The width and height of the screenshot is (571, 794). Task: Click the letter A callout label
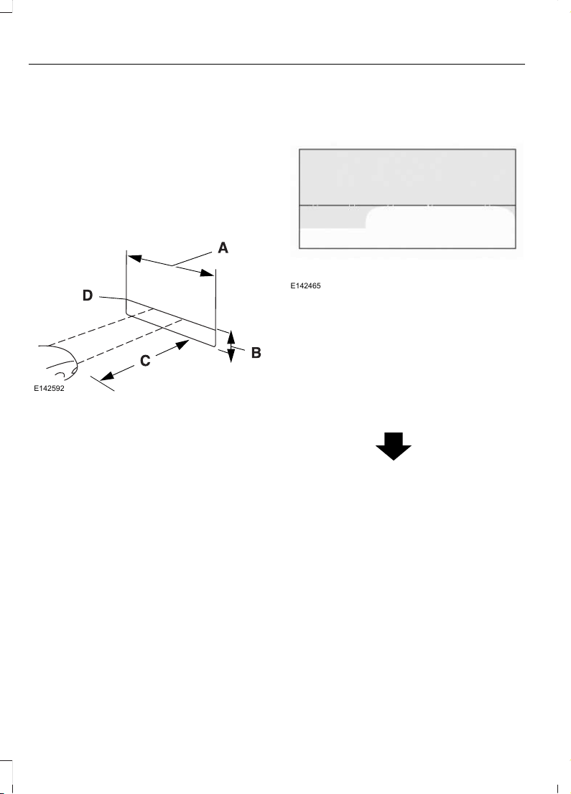[x=223, y=247]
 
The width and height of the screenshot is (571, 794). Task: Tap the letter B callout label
[x=256, y=352]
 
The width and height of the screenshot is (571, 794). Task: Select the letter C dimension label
[x=145, y=361]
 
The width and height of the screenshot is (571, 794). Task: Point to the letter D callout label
[x=88, y=295]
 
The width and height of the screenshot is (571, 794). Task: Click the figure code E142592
[x=49, y=389]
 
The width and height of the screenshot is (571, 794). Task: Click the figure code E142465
[x=305, y=286]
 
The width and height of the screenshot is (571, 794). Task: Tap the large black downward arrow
[x=394, y=446]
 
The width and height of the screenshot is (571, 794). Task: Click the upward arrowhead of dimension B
[x=231, y=335]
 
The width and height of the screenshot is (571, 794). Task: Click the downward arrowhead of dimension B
[x=231, y=356]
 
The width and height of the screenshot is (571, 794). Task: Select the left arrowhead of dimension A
[x=134, y=258]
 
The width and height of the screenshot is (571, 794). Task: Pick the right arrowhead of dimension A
[x=208, y=273]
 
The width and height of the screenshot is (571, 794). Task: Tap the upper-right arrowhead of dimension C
[x=182, y=345]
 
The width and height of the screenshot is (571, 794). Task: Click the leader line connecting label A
[x=192, y=258]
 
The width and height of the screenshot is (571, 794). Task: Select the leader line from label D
[x=112, y=298]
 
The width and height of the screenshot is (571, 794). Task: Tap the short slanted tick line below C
[x=103, y=384]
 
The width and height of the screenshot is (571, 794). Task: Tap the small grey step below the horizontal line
[x=333, y=217]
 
